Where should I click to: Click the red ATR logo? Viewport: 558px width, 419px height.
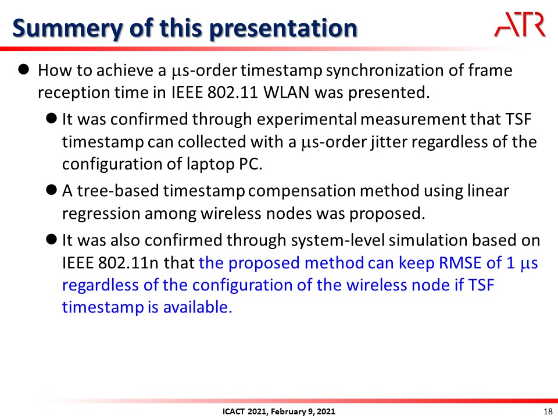click(520, 24)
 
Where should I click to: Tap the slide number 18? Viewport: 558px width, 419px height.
click(548, 411)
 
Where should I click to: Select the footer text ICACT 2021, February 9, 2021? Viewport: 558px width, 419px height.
click(278, 411)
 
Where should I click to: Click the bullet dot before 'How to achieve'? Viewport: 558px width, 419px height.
click(23, 69)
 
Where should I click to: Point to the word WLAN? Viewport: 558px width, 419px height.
click(287, 93)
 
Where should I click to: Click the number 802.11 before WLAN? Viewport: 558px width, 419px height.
click(233, 93)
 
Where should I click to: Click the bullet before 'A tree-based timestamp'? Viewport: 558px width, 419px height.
click(52, 190)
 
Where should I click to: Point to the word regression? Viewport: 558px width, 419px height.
click(101, 214)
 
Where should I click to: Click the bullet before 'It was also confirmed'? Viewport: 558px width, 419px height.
click(52, 239)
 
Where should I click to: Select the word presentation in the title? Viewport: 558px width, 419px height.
click(283, 29)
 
